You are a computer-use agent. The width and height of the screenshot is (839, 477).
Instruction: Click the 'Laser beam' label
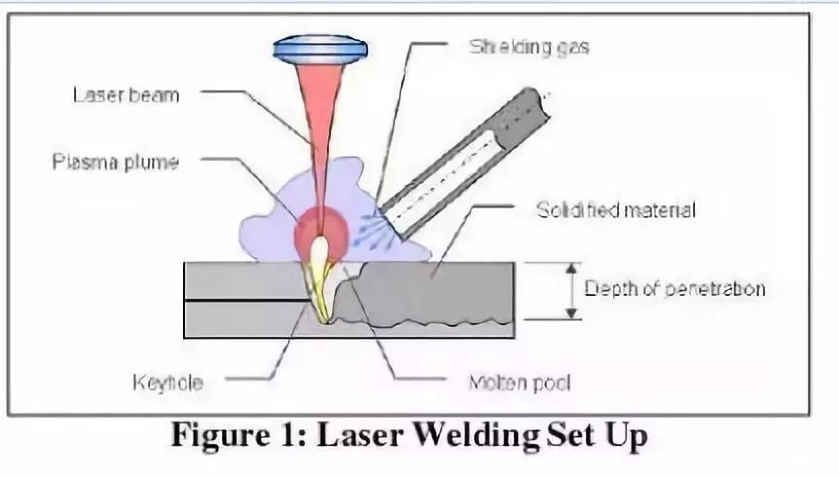click(x=127, y=94)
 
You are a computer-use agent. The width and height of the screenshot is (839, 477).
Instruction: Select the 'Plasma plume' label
click(x=115, y=161)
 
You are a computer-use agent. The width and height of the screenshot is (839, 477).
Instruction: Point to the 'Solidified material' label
click(x=615, y=209)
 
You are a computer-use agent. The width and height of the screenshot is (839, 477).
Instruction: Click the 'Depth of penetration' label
click(x=675, y=289)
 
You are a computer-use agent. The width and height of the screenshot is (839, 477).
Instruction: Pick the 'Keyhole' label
click(x=167, y=383)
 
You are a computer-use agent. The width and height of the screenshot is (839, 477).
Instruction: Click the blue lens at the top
click(x=320, y=46)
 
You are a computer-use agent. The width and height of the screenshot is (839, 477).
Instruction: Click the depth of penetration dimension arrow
click(x=572, y=290)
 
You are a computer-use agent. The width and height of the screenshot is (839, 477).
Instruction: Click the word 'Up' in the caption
click(x=625, y=436)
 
